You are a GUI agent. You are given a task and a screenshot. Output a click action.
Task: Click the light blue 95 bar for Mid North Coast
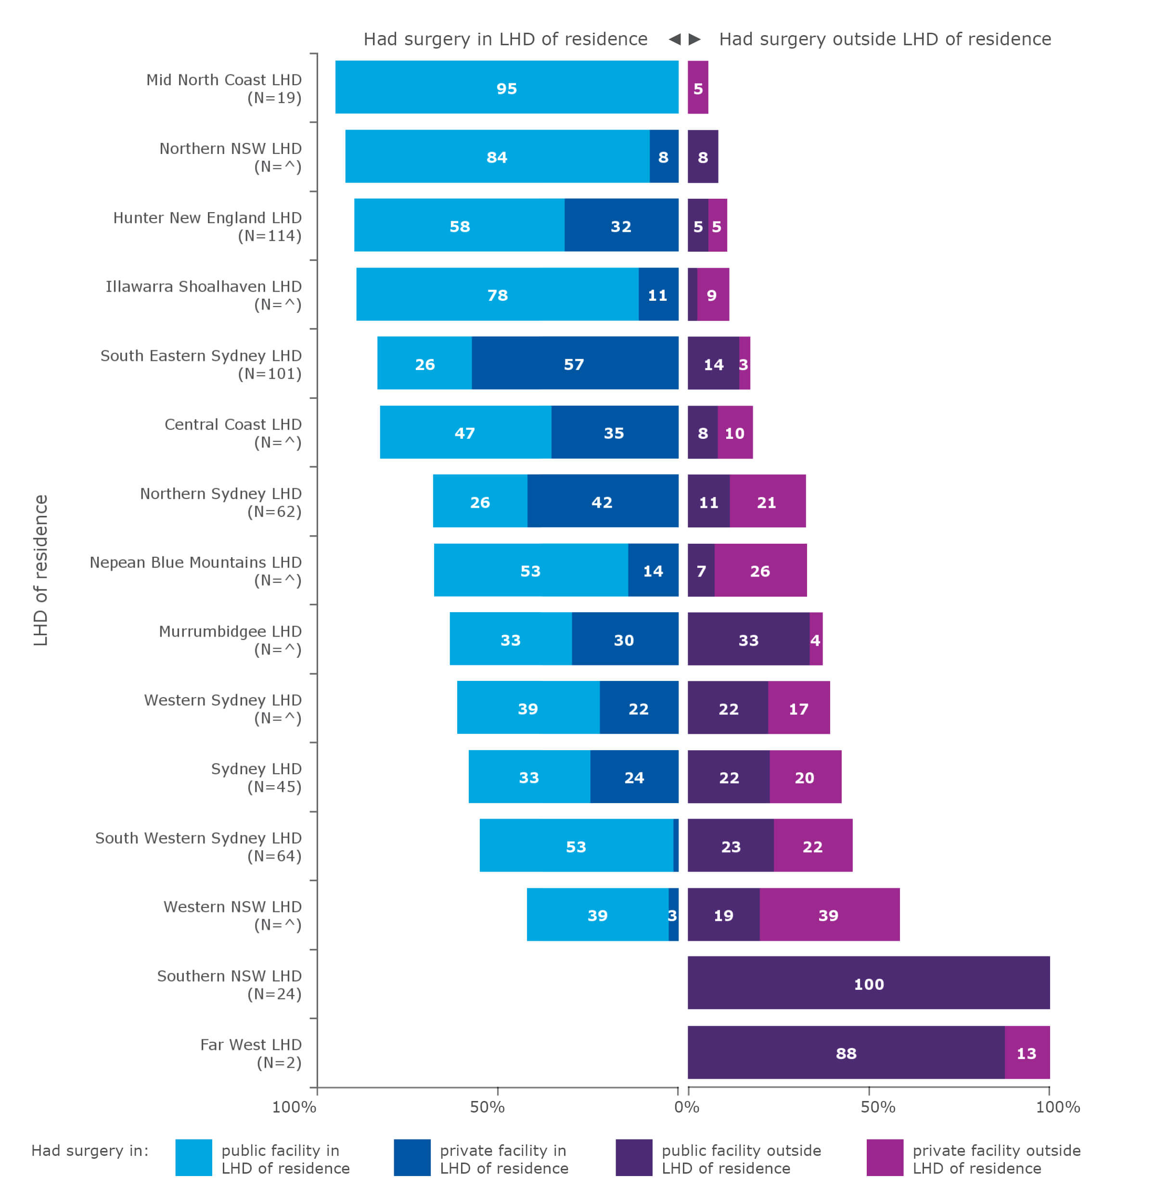click(x=506, y=87)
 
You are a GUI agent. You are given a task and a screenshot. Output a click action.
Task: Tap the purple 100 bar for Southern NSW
click(x=868, y=983)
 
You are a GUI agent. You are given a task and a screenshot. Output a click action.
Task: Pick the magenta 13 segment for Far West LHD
click(x=1026, y=1052)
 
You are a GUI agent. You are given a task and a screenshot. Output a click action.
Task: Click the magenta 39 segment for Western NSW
click(x=829, y=914)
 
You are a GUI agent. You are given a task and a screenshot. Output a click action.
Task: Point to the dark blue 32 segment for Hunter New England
click(x=620, y=225)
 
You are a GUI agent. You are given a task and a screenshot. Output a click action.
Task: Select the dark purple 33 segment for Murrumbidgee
click(x=747, y=639)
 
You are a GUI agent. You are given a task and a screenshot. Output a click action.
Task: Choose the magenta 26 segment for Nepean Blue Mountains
click(x=760, y=570)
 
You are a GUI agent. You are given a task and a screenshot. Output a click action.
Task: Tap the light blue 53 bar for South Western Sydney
click(x=576, y=845)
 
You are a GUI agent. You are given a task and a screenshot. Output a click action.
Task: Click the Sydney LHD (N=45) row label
click(x=256, y=777)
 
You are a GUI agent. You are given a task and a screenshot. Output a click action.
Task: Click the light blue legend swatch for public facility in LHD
click(x=193, y=1157)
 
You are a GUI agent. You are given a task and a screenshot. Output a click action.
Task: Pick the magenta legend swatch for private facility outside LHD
click(x=884, y=1157)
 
